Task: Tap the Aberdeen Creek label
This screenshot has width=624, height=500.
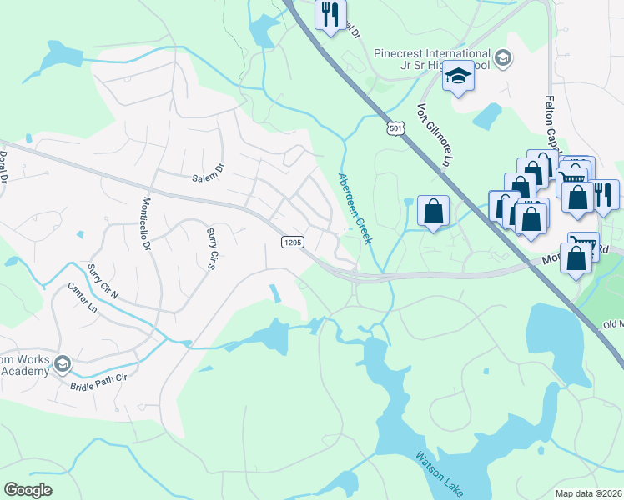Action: coord(355,207)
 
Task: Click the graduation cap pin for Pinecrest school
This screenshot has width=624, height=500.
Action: coord(457,77)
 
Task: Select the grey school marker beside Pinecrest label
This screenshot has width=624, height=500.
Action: coord(502,57)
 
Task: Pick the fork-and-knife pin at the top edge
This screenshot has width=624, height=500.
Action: coord(330,14)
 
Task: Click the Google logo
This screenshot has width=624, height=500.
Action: coord(28,490)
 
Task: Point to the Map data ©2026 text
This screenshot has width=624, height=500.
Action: coord(588,493)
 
